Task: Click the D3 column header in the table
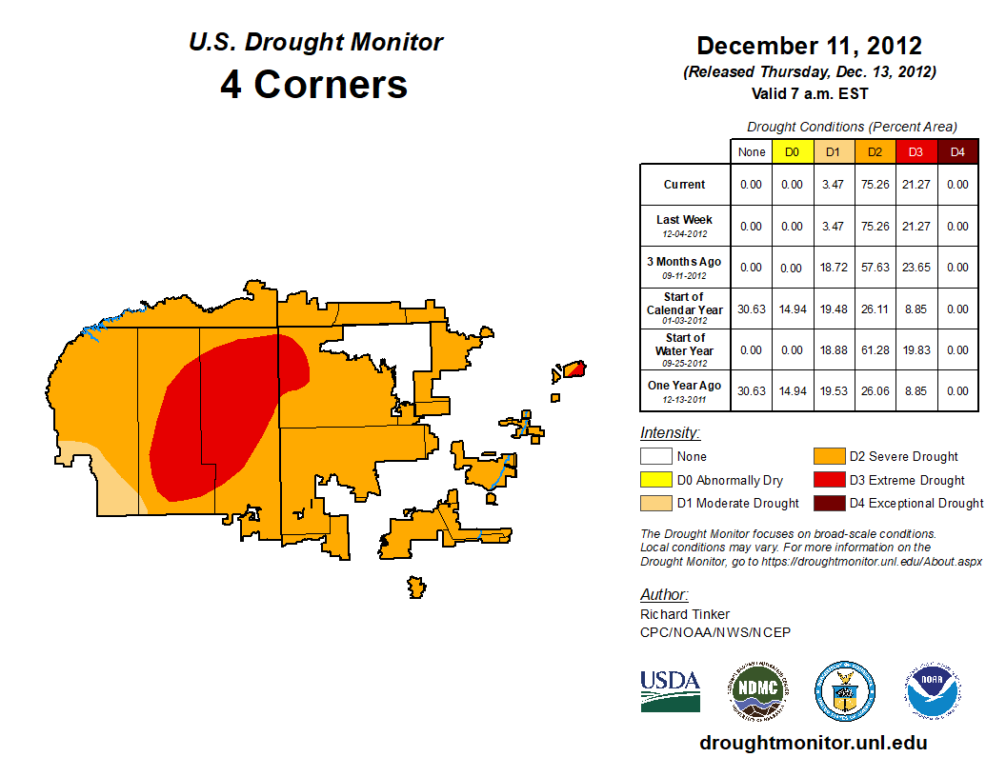pyautogui.click(x=915, y=151)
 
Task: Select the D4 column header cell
pyautogui.click(x=957, y=151)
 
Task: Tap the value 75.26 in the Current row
pyautogui.click(x=874, y=185)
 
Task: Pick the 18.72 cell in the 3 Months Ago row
pyautogui.click(x=833, y=268)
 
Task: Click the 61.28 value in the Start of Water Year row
pyautogui.click(x=874, y=350)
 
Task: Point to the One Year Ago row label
pyautogui.click(x=685, y=389)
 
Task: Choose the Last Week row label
pyautogui.click(x=685, y=225)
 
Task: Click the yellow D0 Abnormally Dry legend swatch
pyautogui.click(x=655, y=480)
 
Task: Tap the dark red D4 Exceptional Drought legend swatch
pyautogui.click(x=828, y=503)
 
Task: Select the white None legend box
pyautogui.click(x=655, y=457)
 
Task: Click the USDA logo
pyautogui.click(x=670, y=690)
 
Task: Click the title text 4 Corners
pyautogui.click(x=314, y=85)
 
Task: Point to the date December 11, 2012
pyautogui.click(x=809, y=46)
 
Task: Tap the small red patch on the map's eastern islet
pyautogui.click(x=573, y=369)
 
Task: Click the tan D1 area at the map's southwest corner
pyautogui.click(x=105, y=486)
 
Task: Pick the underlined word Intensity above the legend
pyautogui.click(x=670, y=433)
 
